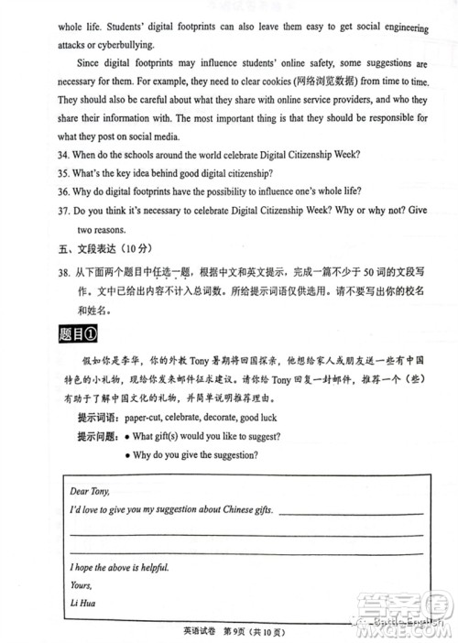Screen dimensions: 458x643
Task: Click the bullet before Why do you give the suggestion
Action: [126, 455]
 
